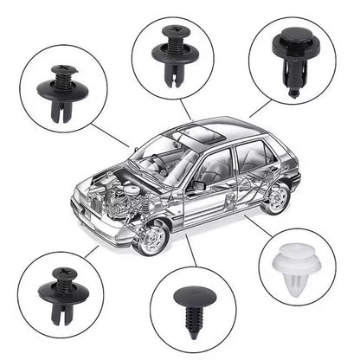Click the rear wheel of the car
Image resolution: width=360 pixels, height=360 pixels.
coord(276,197)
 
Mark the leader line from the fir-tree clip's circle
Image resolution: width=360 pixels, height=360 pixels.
coord(190,252)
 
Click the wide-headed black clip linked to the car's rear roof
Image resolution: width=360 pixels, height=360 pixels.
coord(291,53)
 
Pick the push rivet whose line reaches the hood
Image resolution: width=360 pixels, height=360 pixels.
coord(62,87)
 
